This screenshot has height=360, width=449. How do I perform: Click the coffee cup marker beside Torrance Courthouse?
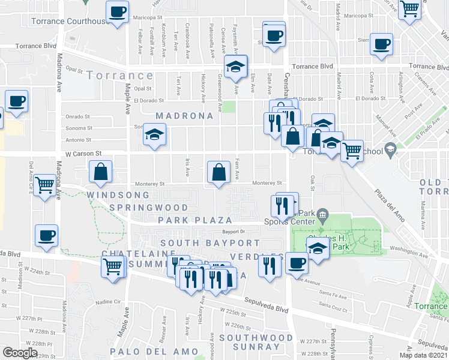coord(117,11)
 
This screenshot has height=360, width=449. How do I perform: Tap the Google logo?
coord(20,353)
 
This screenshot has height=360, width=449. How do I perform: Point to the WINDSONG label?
coord(117,196)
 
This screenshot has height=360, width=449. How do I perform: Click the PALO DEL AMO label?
coord(158,351)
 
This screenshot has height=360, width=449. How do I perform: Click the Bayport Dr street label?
coord(235,231)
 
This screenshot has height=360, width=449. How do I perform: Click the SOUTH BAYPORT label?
coord(210,243)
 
